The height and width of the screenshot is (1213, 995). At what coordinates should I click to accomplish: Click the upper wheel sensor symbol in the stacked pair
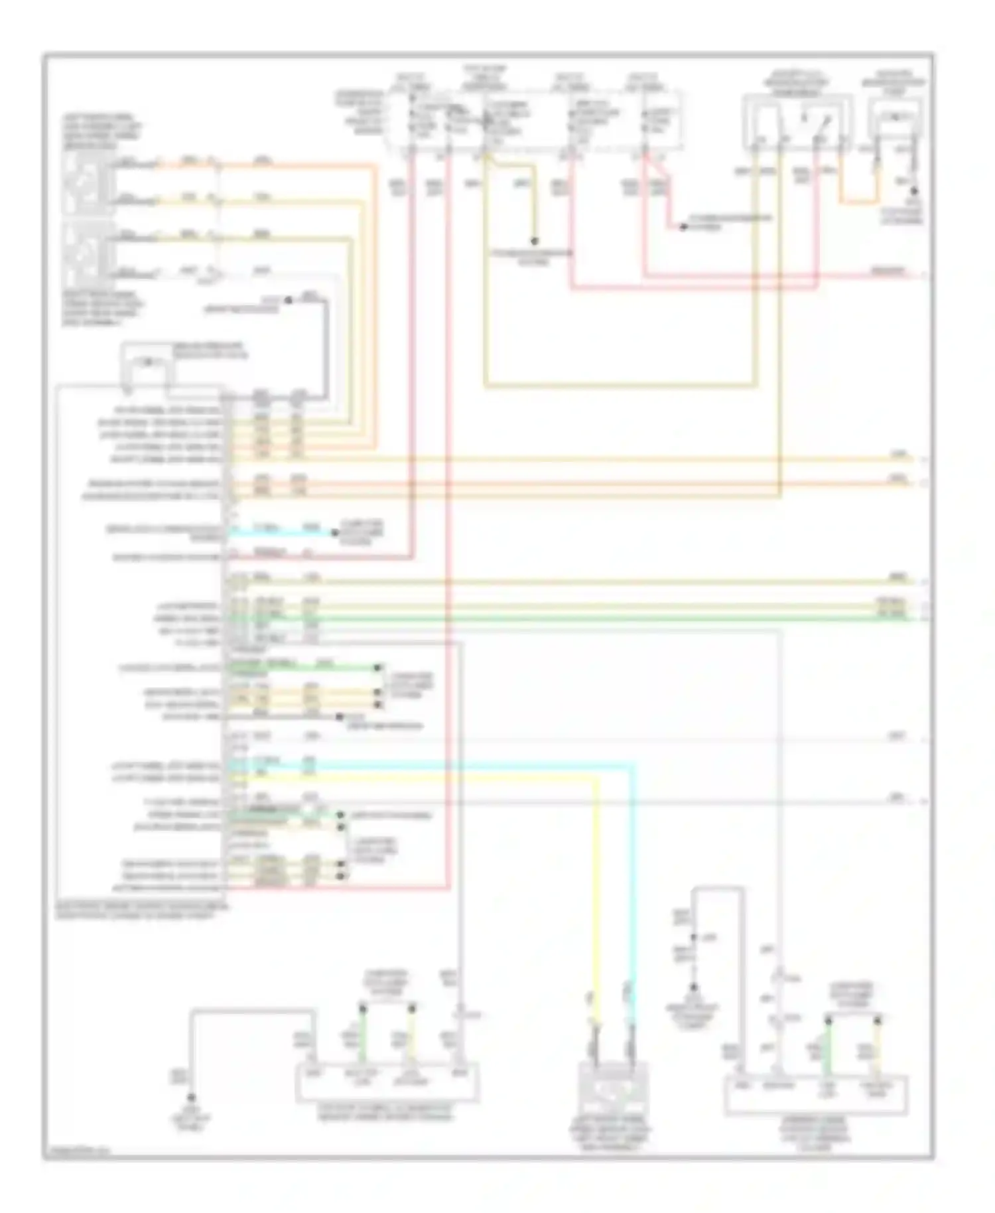(x=87, y=180)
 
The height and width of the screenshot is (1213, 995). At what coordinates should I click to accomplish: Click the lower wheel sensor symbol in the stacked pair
(x=87, y=254)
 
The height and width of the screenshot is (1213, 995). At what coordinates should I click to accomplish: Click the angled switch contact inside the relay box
(x=825, y=123)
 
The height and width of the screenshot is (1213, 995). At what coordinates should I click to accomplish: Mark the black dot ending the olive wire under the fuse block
(x=534, y=241)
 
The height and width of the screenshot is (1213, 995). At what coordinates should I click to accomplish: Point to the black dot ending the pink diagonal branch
(x=683, y=227)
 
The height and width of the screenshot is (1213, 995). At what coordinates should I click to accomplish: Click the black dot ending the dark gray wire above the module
(x=289, y=300)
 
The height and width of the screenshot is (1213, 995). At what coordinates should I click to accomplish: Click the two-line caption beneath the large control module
(x=143, y=910)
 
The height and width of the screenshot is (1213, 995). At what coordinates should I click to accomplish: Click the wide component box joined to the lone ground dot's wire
(x=387, y=1082)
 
